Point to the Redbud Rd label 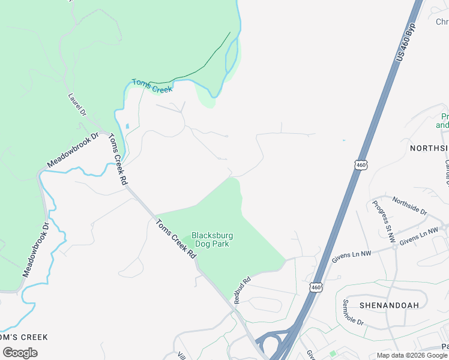point(242,290)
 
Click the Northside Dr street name point(409,207)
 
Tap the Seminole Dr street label point(354,312)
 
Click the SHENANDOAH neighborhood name point(388,305)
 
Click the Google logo point(20,352)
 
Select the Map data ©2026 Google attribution point(412,355)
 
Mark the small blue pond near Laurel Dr point(127,127)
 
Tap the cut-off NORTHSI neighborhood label point(429,148)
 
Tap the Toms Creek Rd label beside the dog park point(176,239)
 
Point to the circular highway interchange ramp point(270,345)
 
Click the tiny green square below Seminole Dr point(332,354)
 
